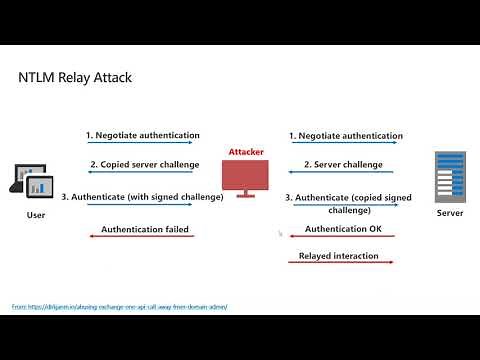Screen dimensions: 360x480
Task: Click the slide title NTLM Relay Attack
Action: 76,77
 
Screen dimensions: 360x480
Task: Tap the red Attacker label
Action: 246,152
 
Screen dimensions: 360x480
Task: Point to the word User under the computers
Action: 35,215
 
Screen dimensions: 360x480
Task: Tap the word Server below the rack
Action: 450,214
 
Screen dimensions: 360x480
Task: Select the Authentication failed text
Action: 145,229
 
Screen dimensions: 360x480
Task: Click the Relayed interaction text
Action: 339,256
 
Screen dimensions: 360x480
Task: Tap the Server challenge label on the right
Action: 345,164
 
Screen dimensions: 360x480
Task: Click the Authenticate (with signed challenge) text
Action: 142,197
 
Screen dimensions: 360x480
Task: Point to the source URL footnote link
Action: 120,306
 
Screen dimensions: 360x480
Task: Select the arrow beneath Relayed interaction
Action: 339,266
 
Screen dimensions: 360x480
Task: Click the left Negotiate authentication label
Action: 142,135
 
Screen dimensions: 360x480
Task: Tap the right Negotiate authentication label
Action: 346,135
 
